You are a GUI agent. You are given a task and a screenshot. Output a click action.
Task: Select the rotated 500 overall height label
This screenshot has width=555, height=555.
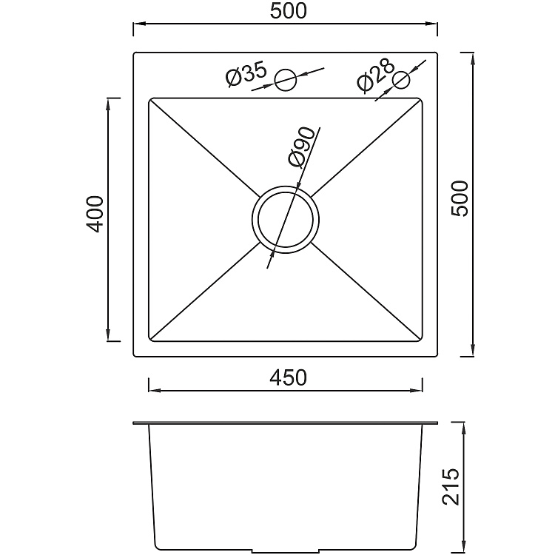coord(460,198)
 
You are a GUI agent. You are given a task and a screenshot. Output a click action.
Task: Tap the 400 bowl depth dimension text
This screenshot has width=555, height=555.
coord(94,214)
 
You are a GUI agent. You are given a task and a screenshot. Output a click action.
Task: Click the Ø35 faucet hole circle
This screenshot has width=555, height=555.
coord(286,78)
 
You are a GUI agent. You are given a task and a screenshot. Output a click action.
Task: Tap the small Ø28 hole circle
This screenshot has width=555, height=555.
coord(402,80)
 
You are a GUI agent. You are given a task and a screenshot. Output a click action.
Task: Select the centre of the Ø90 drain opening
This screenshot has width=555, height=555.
coord(287,217)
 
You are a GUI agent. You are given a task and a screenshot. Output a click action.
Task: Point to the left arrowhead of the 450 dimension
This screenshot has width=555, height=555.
coord(153,390)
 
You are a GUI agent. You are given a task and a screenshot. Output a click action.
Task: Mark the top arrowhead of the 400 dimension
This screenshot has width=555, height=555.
coord(110,104)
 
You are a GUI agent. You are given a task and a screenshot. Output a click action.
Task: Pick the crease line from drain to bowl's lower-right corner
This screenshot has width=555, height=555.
coord(366,290)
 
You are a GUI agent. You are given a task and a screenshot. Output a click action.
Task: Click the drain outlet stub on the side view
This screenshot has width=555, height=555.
coord(287,551)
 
